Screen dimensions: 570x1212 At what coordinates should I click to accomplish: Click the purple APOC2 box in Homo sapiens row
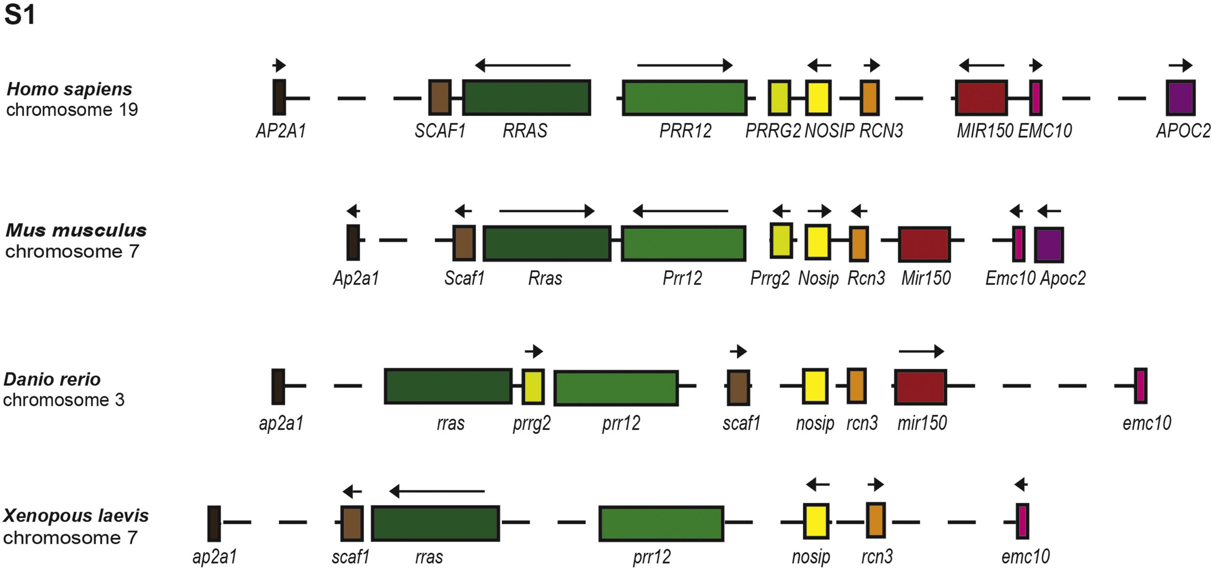coord(1180,98)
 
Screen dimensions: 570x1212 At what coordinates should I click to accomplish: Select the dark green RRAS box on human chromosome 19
coord(526,98)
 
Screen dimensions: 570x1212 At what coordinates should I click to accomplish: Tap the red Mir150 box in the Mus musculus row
coord(924,244)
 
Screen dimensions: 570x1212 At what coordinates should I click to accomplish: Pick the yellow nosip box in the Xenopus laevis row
coord(816,521)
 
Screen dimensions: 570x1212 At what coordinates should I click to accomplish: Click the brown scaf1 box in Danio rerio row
coord(738,388)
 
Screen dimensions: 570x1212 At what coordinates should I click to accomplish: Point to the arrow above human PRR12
coord(684,65)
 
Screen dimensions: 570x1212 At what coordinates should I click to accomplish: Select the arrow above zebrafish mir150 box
coord(921,351)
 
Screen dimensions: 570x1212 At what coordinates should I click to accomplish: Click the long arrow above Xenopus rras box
coord(437,491)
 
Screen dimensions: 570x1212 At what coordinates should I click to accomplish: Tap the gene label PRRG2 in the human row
coord(772,131)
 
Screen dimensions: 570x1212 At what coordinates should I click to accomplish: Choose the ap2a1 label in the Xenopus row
coord(214,557)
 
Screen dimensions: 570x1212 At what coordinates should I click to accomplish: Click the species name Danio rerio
coord(52,379)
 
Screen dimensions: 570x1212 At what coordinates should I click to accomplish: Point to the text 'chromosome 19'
coord(72,109)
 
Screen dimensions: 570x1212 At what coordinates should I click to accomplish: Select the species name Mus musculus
coord(76,231)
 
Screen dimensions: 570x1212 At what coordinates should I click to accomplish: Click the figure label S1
coord(19,15)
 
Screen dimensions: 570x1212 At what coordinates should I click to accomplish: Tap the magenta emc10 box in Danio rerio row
coord(1140,386)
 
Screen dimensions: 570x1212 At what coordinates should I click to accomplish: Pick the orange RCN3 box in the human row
coord(869,98)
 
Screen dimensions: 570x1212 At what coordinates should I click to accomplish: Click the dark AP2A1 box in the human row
coord(279,97)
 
